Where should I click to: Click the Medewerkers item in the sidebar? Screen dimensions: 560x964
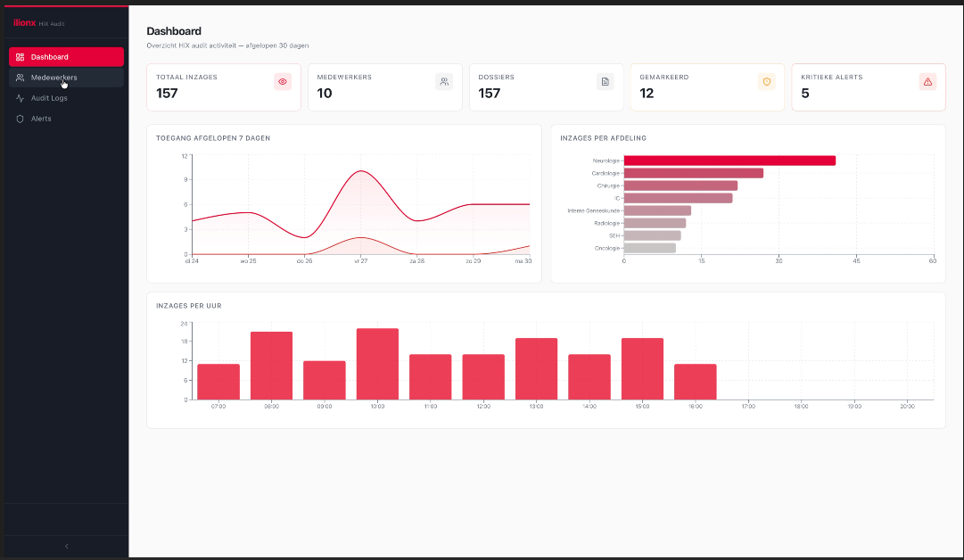[x=54, y=78]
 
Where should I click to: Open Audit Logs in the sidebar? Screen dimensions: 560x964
[x=49, y=98]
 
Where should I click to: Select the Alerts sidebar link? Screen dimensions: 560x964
[x=41, y=119]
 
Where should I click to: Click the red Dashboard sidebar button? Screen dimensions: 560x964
[x=66, y=57]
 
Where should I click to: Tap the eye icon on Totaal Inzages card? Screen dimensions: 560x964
[x=283, y=82]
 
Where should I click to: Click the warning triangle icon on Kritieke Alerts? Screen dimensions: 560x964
[x=927, y=82]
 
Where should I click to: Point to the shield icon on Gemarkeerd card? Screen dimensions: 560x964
[x=766, y=82]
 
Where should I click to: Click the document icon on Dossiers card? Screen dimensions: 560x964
[x=605, y=82]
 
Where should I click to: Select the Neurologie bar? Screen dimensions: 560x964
[x=729, y=161]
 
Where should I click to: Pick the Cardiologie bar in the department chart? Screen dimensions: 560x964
[x=693, y=173]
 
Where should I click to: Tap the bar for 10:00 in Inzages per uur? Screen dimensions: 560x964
[x=377, y=364]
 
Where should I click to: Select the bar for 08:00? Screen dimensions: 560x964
[x=271, y=366]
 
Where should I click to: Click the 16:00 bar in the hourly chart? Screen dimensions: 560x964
[x=695, y=382]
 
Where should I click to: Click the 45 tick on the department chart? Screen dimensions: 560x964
[x=856, y=261]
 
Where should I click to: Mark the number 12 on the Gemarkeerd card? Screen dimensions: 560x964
[x=647, y=93]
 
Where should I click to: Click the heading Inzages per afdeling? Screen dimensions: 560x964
[x=603, y=138]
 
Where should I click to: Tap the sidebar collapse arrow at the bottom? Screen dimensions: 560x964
[x=66, y=546]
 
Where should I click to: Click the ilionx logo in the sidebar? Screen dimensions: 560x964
[x=24, y=22]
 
